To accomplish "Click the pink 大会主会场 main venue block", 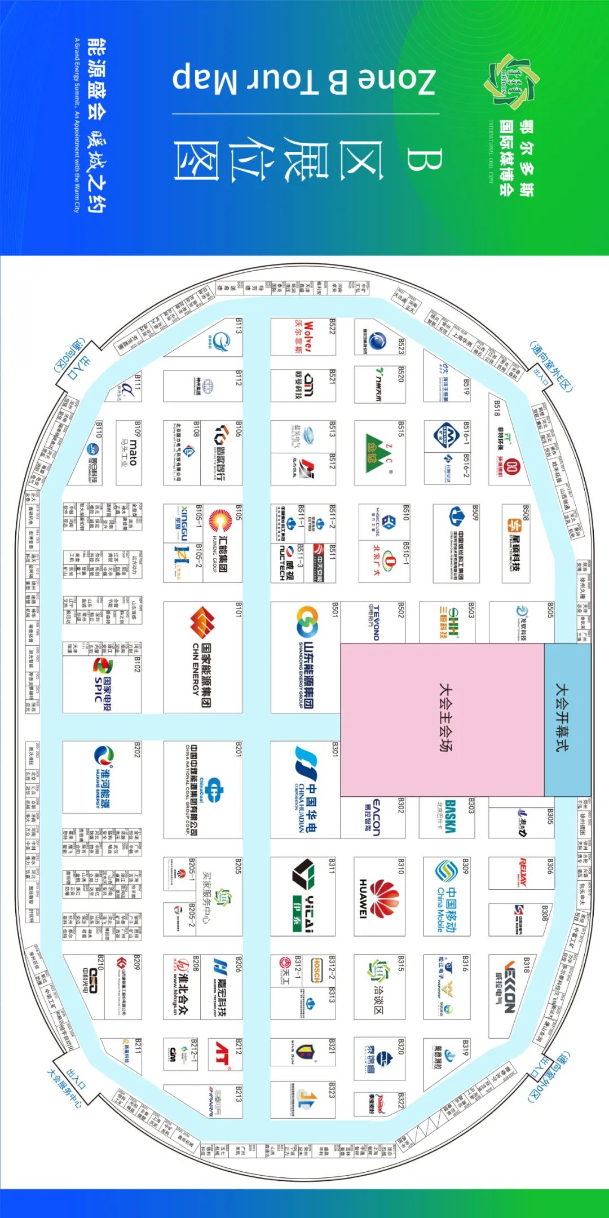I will pos(442,720).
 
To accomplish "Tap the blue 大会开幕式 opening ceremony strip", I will pos(567,720).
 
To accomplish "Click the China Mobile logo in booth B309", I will pos(445,897).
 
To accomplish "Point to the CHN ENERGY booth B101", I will pos(201,657).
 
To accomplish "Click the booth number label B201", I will pos(239,749).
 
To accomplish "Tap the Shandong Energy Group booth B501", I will pos(304,657).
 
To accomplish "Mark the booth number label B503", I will pos(471,610).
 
